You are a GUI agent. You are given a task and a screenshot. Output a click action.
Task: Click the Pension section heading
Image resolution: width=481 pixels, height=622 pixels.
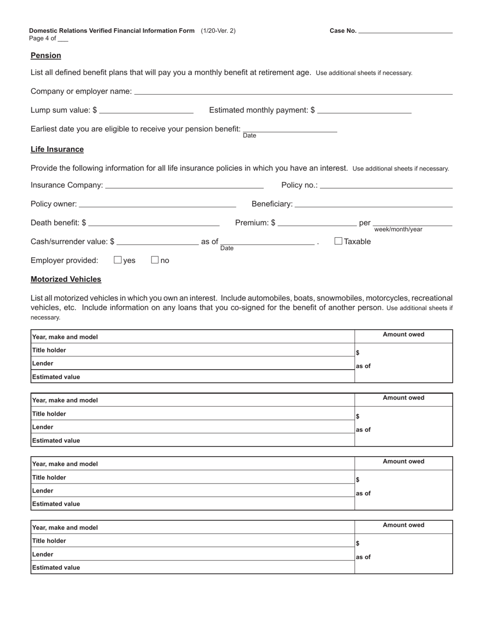(x=46, y=56)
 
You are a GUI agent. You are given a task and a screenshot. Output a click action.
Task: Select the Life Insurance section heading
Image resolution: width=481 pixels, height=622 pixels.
(x=57, y=150)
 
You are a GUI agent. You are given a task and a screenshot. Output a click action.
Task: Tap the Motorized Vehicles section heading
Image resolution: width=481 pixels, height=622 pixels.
(x=66, y=279)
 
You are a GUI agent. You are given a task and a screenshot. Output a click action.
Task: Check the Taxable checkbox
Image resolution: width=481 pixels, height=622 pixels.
(x=338, y=241)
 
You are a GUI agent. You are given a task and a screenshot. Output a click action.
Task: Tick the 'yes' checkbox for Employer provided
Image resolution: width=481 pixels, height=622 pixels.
(x=118, y=260)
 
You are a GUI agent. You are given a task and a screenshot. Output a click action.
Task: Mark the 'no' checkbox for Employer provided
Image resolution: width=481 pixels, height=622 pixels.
(x=155, y=260)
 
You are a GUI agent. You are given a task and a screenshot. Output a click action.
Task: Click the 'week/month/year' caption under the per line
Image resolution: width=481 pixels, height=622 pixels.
(x=398, y=230)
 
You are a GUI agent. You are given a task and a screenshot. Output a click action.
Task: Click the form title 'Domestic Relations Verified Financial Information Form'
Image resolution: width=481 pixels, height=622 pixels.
(x=112, y=31)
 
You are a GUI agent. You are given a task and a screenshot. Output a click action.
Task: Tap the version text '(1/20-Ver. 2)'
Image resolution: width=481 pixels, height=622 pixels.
(x=218, y=31)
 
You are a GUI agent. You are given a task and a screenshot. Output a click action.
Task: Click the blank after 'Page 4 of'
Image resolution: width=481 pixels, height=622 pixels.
(x=63, y=39)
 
